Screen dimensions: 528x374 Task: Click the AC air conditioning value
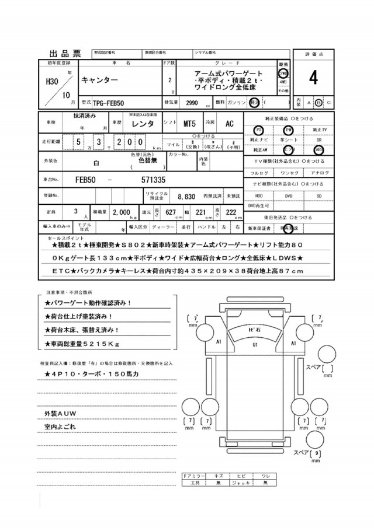point(230,124)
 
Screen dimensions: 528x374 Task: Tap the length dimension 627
point(171,212)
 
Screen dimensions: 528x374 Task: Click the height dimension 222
point(231,212)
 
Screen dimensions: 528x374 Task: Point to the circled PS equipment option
point(259,130)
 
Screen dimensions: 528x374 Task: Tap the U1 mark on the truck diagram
point(255,345)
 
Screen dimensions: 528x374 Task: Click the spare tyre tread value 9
point(317,453)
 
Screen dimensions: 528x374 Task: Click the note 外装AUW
point(60,414)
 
